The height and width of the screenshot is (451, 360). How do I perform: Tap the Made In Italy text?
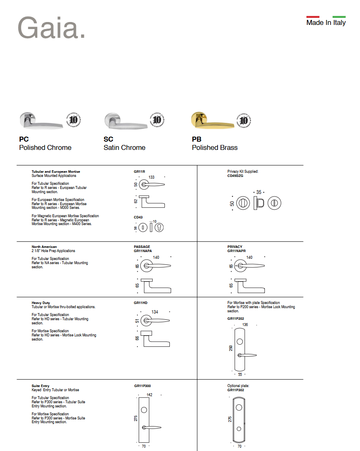click(x=326, y=23)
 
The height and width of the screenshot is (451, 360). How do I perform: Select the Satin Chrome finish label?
click(x=124, y=148)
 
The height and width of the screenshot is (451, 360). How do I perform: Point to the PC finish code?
click(x=24, y=140)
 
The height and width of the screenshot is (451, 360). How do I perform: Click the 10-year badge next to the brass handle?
click(x=244, y=120)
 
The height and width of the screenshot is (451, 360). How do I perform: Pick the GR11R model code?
click(x=139, y=172)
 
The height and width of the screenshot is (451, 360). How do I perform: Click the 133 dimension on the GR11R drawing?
click(x=152, y=177)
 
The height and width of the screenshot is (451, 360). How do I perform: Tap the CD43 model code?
click(x=138, y=217)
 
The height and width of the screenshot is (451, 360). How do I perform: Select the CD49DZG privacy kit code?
click(x=235, y=176)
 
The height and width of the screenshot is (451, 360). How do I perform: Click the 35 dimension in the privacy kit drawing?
click(x=259, y=192)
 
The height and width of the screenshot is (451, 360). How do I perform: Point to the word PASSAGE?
click(x=142, y=247)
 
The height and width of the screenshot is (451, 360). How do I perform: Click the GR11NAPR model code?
click(x=236, y=251)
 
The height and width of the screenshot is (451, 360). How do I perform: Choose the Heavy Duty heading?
click(x=41, y=303)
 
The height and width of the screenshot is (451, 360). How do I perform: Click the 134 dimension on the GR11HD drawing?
click(x=155, y=312)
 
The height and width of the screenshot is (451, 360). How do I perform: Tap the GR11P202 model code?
click(x=235, y=319)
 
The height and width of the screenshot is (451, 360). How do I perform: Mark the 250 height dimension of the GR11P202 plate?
click(x=231, y=348)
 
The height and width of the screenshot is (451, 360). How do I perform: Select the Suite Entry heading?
click(x=41, y=386)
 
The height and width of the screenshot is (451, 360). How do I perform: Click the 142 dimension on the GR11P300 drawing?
click(x=149, y=395)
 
